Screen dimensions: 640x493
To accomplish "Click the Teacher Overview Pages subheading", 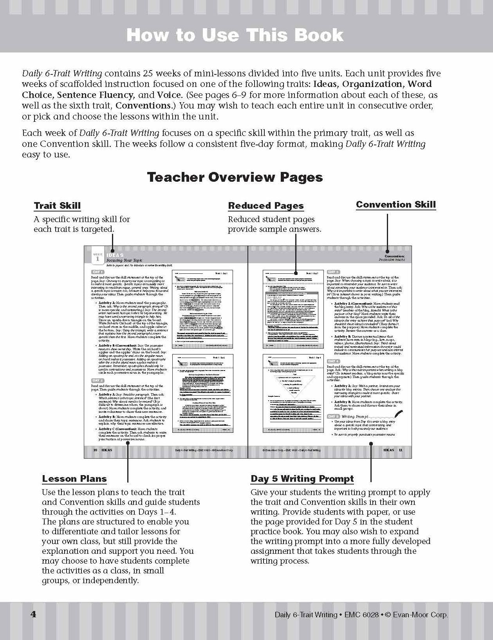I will pos(235,177).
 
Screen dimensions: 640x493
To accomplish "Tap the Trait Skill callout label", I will pos(57,206).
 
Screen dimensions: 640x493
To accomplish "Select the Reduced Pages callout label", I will pos(265,206).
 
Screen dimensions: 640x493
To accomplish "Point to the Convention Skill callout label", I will pos(395,204).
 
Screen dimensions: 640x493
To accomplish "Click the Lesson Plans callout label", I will pos(74,479).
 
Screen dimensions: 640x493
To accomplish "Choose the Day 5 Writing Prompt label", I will pos(302,479).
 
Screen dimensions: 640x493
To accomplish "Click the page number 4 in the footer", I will pos(33,614).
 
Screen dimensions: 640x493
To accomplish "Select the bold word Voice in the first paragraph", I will pos(169,95).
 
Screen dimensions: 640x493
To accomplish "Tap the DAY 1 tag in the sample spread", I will pos(97,272).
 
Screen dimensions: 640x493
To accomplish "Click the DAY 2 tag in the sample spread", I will pos(97,380).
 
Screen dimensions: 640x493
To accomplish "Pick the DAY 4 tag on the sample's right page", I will pos(333,361).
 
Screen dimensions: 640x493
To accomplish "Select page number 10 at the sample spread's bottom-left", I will pos(95,450).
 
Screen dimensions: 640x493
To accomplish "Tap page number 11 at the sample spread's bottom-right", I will pos(401,450).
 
